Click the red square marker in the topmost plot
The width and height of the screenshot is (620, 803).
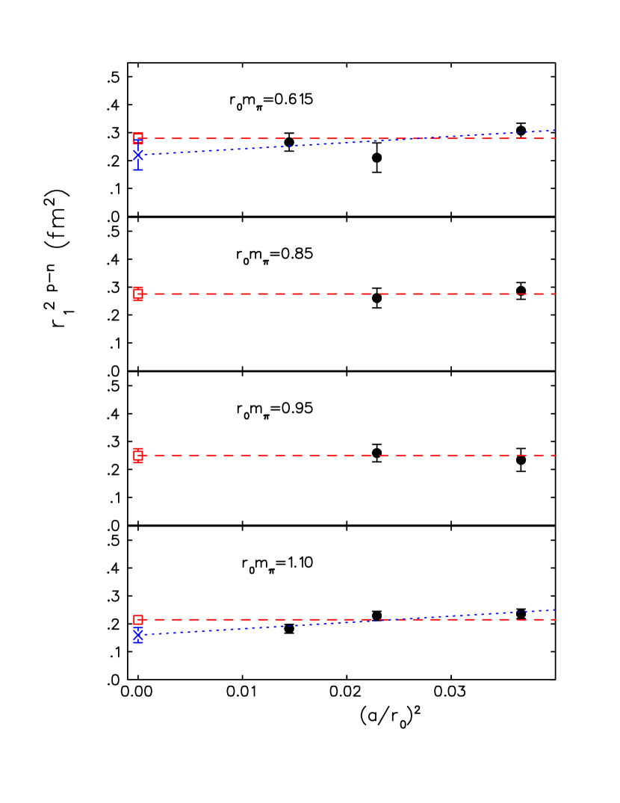pos(138,138)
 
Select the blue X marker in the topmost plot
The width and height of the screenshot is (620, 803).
pos(138,155)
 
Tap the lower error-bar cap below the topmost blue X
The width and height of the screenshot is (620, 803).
pos(138,170)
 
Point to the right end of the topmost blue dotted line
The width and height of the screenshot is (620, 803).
pos(556,131)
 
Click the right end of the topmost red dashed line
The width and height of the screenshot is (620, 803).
pos(556,138)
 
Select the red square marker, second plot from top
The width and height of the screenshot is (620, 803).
pos(138,294)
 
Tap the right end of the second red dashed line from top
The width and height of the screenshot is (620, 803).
pos(556,294)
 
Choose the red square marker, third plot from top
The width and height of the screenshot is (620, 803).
pos(138,455)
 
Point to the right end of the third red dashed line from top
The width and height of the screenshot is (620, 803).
pos(556,455)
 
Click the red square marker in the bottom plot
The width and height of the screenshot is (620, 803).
pos(138,619)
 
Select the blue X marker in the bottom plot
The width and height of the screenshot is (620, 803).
pos(138,635)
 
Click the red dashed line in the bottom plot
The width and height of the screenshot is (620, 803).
pos(299,619)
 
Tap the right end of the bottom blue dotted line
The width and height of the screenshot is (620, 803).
pos(556,610)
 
